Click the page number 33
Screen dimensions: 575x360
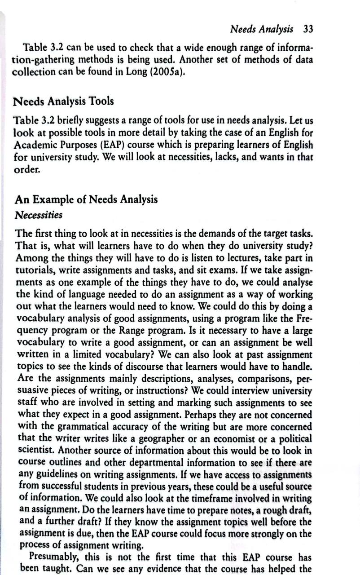[x=308, y=29]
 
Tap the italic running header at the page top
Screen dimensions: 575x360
[x=262, y=29]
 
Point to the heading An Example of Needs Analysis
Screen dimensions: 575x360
[x=86, y=199]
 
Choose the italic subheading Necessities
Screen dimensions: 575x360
[x=39, y=215]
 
